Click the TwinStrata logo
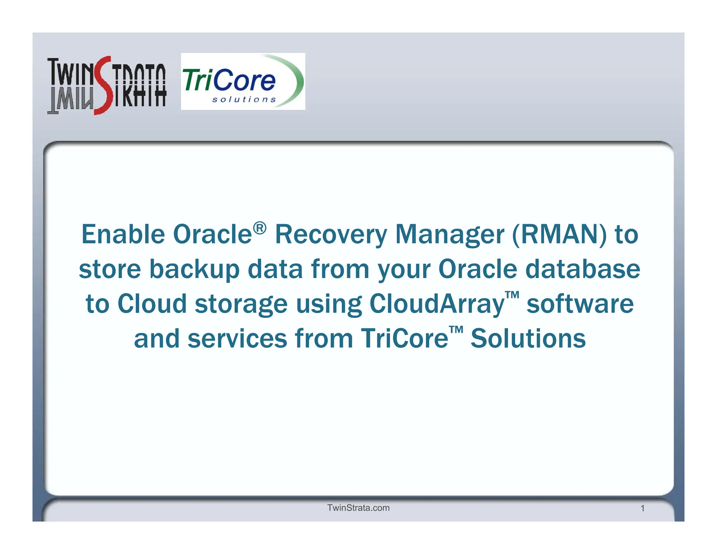106,85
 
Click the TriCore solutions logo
243,82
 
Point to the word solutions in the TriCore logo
244,100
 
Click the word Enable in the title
123,234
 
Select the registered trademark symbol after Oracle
259,228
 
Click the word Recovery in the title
330,235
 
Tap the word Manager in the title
450,235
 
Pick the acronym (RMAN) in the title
559,234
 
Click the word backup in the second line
194,270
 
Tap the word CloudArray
437,304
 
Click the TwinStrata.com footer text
358,508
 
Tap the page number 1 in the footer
642,508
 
